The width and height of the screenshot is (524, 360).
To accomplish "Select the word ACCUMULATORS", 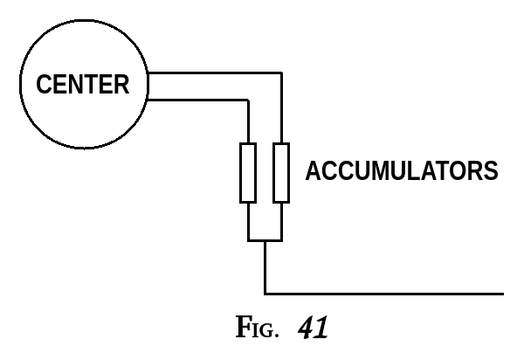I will coord(401,171).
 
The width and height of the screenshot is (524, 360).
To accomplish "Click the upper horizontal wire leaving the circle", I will coord(218,73).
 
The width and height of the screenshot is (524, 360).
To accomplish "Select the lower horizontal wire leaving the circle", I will coord(201,99).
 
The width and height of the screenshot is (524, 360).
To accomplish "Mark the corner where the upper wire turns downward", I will coord(280,73).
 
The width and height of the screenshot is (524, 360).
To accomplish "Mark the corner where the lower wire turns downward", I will coord(250,99).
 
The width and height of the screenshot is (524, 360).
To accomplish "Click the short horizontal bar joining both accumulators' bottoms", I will coord(265,240).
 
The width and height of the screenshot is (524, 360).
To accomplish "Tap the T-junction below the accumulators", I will coord(265,240).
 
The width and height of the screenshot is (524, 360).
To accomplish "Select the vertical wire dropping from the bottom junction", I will coord(265,267).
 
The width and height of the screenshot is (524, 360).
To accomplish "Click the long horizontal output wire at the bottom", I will coord(384,294).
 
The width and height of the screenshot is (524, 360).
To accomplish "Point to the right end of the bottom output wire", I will coord(502,294).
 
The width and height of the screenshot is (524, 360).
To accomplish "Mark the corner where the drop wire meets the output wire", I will coord(265,294).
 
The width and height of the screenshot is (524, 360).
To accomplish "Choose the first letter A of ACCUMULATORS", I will coord(313,171).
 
